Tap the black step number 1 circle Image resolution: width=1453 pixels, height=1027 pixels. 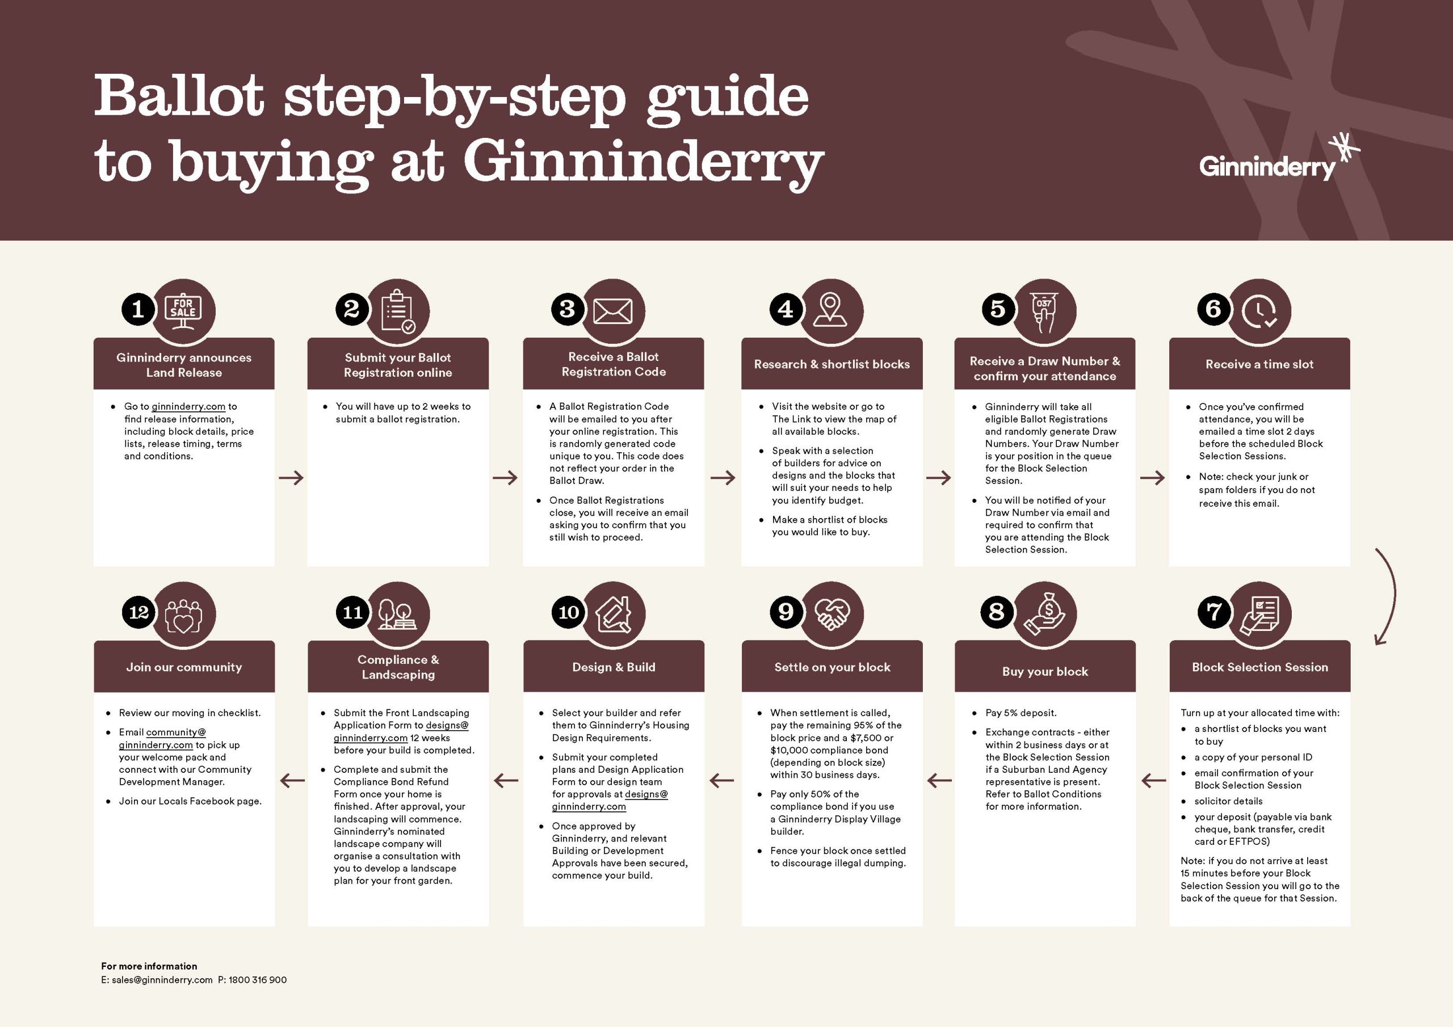click(x=138, y=309)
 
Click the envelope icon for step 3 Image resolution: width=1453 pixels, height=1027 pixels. click(x=613, y=312)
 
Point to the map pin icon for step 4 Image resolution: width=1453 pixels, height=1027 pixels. click(x=830, y=309)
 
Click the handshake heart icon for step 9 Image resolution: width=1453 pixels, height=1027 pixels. click(x=832, y=613)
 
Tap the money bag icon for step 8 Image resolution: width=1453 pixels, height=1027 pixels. click(x=1045, y=614)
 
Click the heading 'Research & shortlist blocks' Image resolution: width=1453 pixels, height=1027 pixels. click(x=832, y=364)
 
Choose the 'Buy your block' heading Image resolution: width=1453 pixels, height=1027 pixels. click(x=1045, y=671)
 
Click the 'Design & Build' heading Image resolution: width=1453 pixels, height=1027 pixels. click(x=613, y=667)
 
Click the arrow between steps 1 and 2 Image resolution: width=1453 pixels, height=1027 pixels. click(x=291, y=478)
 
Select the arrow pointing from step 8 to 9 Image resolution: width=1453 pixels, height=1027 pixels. click(x=939, y=781)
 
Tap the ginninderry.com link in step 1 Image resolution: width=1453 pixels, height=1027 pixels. click(x=188, y=406)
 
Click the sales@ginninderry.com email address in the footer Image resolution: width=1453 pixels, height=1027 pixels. click(x=162, y=979)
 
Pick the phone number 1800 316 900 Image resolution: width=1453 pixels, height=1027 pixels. click(x=258, y=979)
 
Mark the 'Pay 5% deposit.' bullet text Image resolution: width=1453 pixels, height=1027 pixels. click(x=1021, y=713)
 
